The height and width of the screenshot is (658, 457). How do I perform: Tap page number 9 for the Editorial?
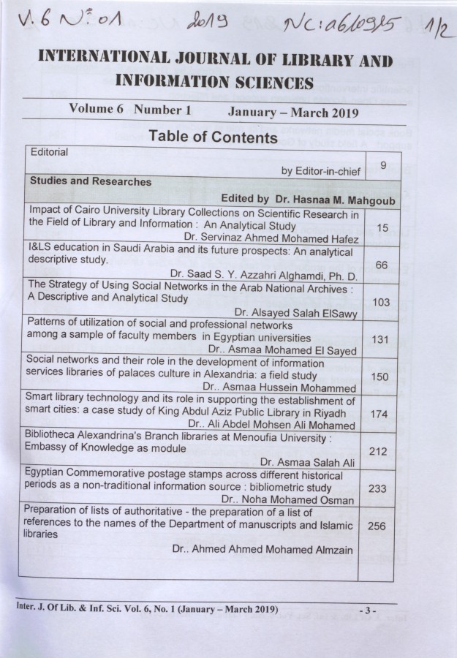click(x=382, y=166)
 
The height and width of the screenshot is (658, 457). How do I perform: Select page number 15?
click(x=382, y=228)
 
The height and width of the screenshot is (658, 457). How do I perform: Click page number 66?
click(x=381, y=265)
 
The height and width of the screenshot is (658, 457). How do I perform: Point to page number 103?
click(x=381, y=301)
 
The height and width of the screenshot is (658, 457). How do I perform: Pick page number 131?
click(x=380, y=339)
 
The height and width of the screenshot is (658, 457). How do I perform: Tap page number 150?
click(x=379, y=377)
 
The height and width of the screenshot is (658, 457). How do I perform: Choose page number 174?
click(x=379, y=414)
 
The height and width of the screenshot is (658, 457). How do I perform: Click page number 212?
click(x=378, y=451)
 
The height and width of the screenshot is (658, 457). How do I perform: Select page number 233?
click(x=377, y=488)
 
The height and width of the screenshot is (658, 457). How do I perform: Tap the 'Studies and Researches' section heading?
click(x=90, y=182)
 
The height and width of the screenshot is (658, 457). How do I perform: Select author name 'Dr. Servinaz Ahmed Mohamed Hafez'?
click(x=271, y=238)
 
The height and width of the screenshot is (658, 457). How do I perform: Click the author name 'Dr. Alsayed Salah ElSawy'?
click(x=295, y=312)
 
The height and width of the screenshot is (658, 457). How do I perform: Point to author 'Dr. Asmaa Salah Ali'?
click(x=307, y=462)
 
